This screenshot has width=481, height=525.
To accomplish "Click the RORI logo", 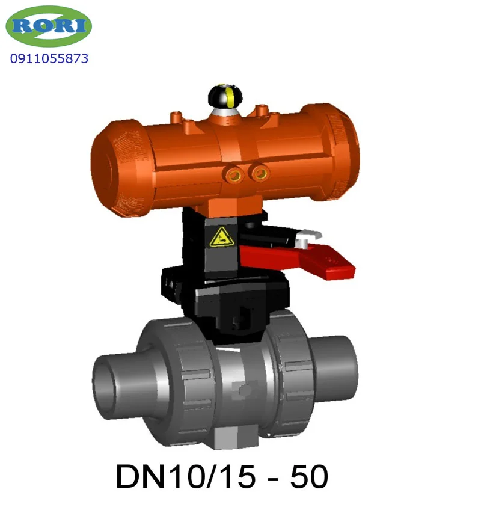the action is [49, 26].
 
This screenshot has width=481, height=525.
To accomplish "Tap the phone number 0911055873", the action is [49, 58].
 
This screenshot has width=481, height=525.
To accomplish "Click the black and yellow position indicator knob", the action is [225, 95].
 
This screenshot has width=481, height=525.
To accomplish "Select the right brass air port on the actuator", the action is [261, 173].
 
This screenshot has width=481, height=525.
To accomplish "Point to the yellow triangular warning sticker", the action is [221, 238].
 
